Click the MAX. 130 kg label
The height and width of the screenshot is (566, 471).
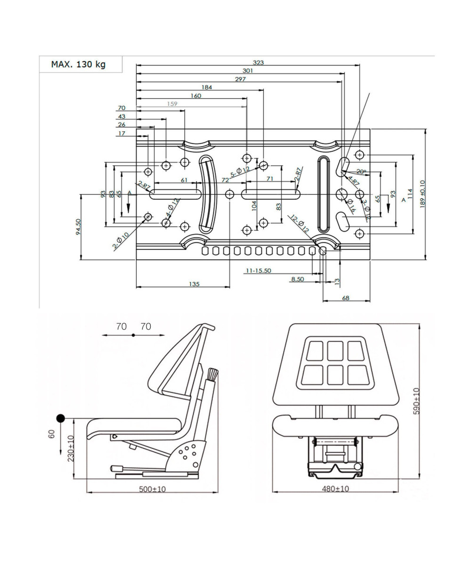(x=78, y=64)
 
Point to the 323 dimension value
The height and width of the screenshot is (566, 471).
(x=258, y=62)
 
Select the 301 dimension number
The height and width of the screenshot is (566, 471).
(x=248, y=71)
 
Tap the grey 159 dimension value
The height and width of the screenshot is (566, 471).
(x=172, y=104)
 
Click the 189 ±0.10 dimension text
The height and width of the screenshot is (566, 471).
(x=422, y=193)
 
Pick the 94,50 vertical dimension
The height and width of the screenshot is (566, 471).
(x=79, y=227)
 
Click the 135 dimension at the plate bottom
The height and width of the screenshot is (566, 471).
(x=194, y=284)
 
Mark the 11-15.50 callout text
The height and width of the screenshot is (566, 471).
(x=258, y=271)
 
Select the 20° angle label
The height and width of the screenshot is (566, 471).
(x=361, y=172)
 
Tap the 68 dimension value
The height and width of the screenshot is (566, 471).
(x=346, y=298)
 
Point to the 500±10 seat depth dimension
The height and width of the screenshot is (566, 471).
(x=152, y=489)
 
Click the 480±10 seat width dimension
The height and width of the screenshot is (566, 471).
(x=335, y=489)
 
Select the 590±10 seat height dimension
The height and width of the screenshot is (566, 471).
(x=416, y=401)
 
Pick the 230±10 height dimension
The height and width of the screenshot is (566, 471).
(x=71, y=448)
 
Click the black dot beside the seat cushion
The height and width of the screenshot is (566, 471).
(x=61, y=418)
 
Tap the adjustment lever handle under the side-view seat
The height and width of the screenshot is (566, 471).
(x=116, y=468)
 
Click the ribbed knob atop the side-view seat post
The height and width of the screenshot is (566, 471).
(x=212, y=375)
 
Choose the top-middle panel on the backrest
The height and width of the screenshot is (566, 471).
(x=335, y=350)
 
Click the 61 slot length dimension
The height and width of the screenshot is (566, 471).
(x=184, y=180)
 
